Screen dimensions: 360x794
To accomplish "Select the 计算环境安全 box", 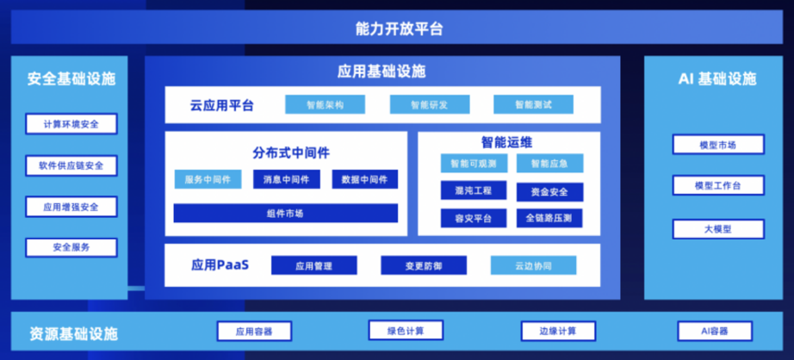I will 71,124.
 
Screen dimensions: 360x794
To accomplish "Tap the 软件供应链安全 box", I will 71,165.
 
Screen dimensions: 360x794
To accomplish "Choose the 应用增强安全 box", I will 71,207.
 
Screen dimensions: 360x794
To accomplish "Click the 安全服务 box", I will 71,247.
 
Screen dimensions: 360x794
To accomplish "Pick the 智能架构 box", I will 325,105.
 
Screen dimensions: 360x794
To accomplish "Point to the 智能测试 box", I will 533,105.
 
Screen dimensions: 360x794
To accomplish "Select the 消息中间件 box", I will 287,179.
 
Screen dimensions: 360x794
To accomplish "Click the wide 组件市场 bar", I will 285,213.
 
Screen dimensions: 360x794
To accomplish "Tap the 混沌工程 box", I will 473,190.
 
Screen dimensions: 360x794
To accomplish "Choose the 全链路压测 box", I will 549,218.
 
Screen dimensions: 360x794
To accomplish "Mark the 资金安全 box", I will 549,191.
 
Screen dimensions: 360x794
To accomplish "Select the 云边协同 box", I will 533,265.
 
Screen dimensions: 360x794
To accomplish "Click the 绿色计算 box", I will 406,330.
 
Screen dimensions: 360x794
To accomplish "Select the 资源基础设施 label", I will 73,333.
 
